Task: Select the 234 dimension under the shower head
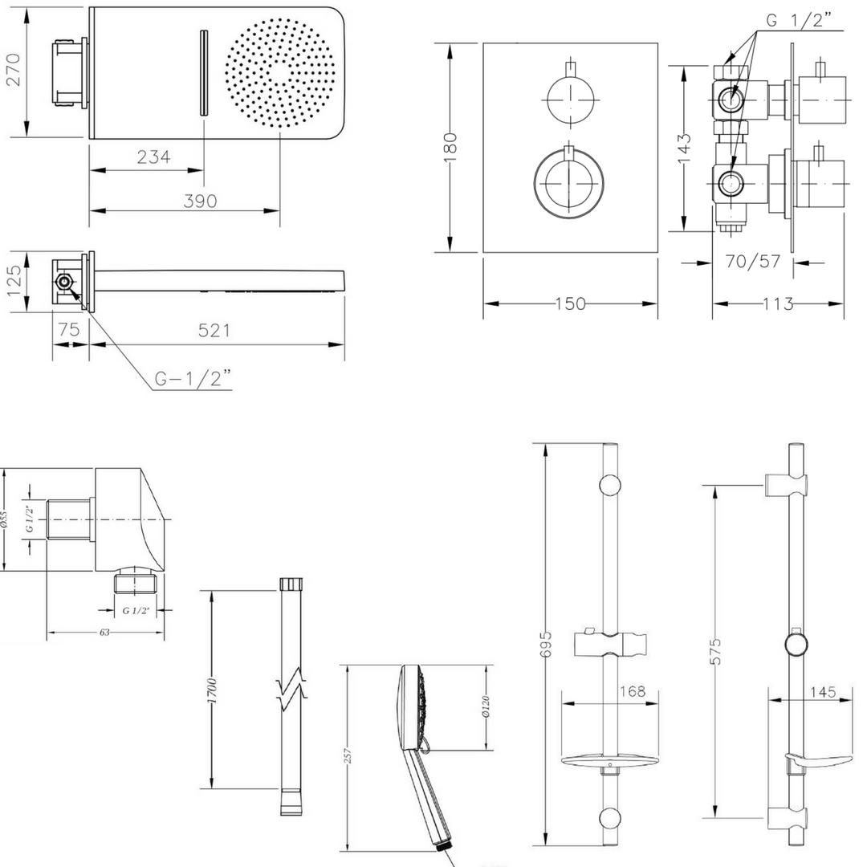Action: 153,157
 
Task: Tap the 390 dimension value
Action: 199,201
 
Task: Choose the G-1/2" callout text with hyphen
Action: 193,379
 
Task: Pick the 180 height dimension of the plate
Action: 451,147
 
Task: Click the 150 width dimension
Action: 570,303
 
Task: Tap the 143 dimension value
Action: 683,148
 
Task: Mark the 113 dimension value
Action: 777,303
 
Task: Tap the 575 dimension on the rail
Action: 716,651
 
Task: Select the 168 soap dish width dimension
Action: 632,691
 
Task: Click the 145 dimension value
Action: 822,691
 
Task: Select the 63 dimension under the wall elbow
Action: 104,633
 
